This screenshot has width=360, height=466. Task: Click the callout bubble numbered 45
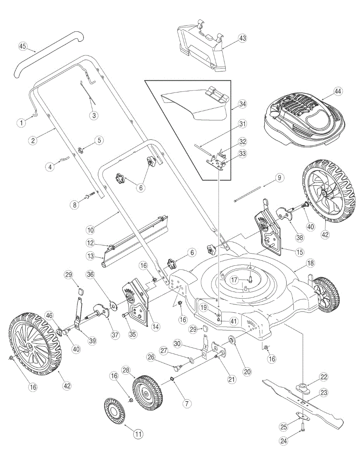coord(23,47)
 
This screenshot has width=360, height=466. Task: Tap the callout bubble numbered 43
coord(243,38)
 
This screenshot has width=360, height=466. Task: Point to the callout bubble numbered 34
coord(243,104)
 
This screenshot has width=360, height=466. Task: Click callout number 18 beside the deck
coord(310,263)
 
